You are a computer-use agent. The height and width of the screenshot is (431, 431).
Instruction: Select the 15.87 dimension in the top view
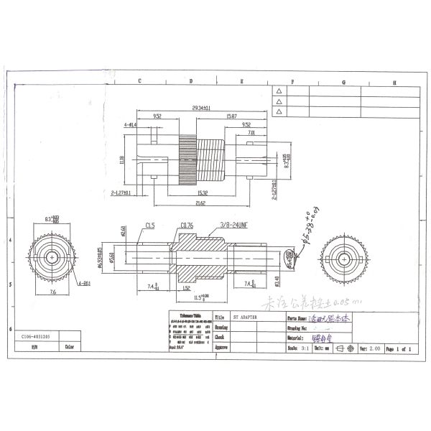(232, 116)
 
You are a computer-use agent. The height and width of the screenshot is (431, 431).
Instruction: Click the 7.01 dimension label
(251, 132)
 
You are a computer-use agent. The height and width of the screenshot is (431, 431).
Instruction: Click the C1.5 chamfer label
(150, 225)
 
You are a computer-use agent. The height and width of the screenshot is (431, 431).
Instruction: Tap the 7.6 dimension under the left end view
(52, 293)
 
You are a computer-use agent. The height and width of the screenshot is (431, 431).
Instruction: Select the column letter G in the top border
(343, 82)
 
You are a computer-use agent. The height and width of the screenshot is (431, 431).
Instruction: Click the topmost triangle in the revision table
(279, 91)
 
